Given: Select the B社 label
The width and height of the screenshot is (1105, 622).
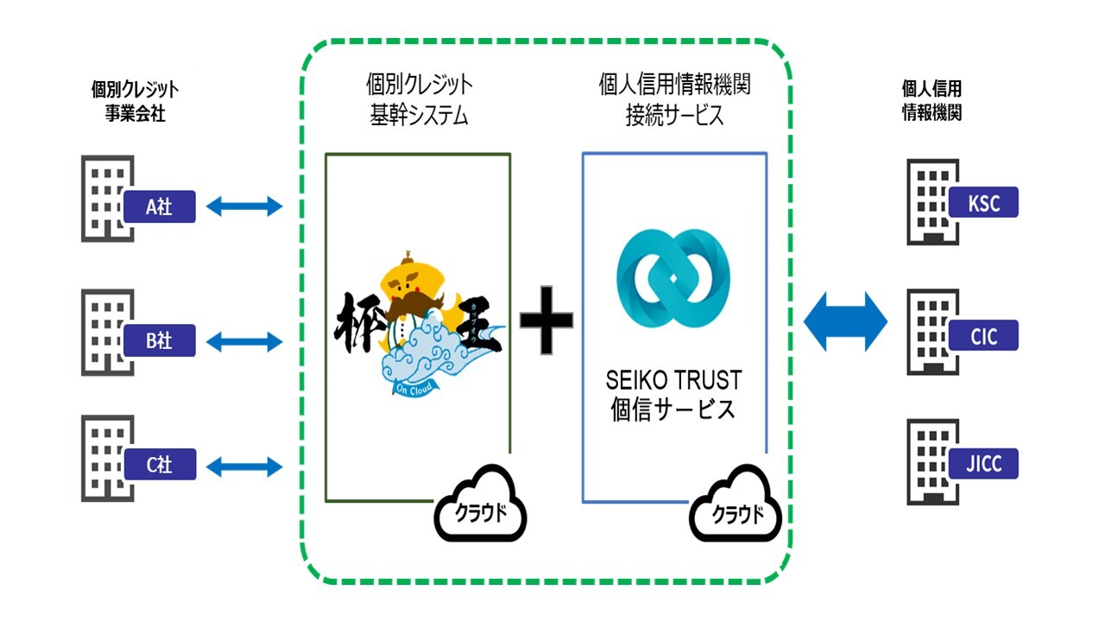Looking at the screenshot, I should (x=160, y=340).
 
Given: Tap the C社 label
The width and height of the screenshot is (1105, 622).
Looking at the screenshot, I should (x=160, y=465).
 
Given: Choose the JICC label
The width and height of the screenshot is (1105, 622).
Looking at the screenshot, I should (x=983, y=464).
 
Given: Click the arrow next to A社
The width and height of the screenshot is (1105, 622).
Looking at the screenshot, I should (x=245, y=206).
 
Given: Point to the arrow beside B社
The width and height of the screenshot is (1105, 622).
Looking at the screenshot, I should (x=245, y=341).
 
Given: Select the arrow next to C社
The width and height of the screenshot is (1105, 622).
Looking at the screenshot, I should (x=245, y=466).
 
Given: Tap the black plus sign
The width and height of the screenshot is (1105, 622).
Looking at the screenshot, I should (x=546, y=320).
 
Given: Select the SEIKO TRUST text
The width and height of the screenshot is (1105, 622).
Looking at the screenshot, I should (x=674, y=380).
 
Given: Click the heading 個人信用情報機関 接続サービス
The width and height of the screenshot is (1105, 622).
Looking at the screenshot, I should (x=674, y=100).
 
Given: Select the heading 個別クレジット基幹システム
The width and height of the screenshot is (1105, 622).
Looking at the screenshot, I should (x=419, y=100).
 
